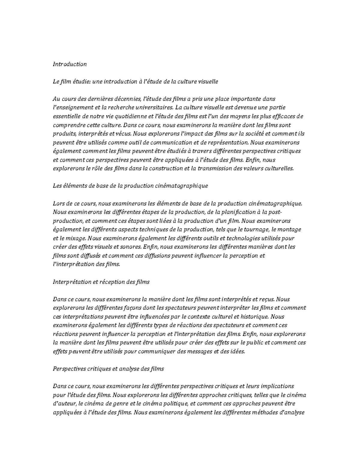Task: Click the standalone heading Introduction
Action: [x=70, y=64]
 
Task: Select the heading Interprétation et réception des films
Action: [x=101, y=282]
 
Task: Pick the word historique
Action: [x=255, y=317]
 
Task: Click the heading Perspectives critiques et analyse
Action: [x=108, y=369]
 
